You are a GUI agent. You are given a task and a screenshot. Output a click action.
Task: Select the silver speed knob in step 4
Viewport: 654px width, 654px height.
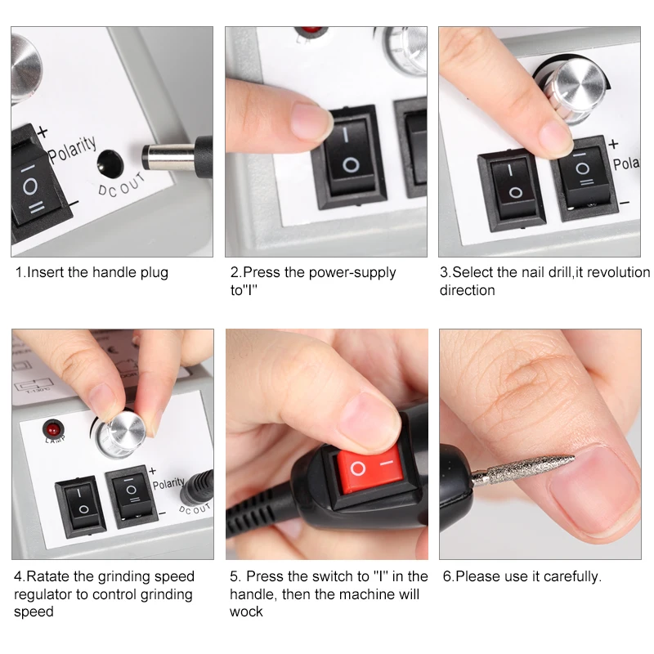coord(121,435)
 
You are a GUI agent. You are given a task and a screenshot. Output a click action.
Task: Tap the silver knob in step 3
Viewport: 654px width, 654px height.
coord(576,90)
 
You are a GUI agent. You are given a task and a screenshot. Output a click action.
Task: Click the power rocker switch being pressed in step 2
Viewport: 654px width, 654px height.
coord(349,156)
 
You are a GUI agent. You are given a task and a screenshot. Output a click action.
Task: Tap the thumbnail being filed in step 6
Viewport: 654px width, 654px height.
coord(592,492)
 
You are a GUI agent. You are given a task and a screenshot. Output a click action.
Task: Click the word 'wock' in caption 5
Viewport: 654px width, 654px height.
coord(246,611)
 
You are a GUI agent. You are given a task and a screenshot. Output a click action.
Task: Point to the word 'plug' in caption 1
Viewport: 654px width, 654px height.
coord(154,273)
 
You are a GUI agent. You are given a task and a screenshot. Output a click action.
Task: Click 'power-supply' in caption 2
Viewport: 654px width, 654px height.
coord(352,273)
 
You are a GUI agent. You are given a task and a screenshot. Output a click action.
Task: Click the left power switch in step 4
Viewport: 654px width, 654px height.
coord(81,504)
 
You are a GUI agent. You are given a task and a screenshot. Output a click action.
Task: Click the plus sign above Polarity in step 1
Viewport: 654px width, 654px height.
coord(43,132)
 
